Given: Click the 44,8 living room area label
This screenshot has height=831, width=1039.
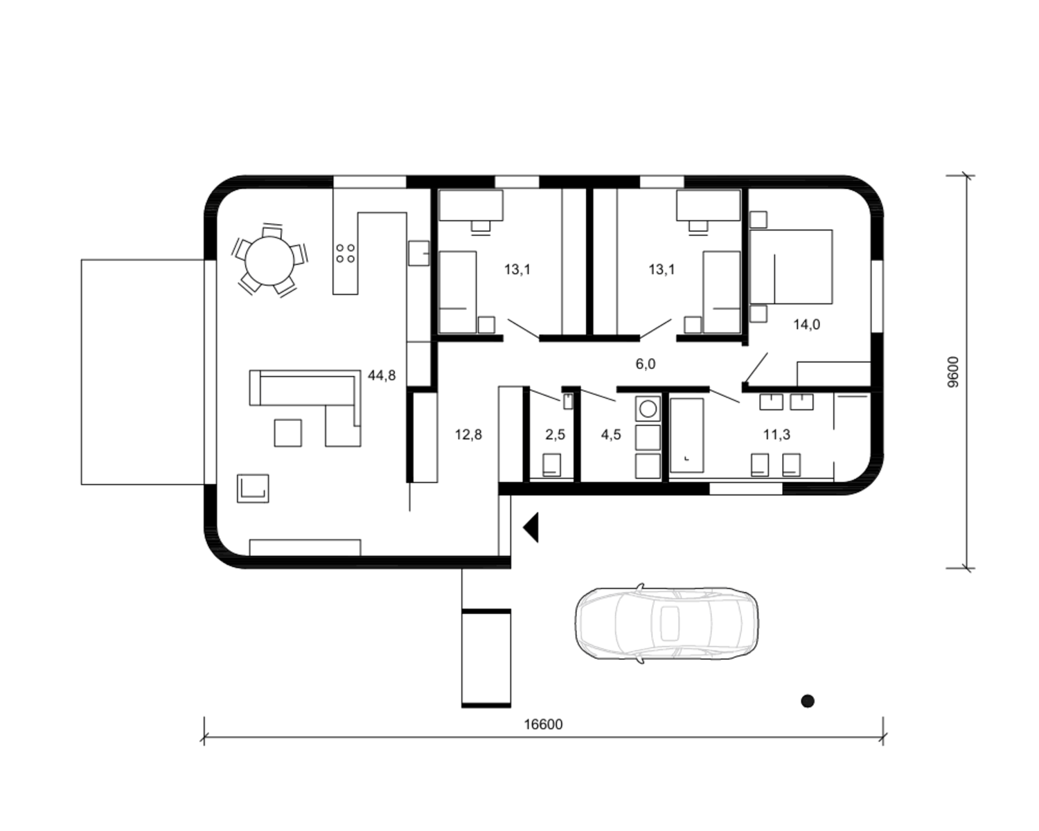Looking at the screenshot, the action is (x=382, y=375).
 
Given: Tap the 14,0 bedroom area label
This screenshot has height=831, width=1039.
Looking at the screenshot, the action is (x=806, y=325).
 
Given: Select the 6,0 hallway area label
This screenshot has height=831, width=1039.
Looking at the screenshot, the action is (x=646, y=364).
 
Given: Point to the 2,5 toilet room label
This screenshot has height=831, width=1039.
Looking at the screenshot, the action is (x=556, y=435).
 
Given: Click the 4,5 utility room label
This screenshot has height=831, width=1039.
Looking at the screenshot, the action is (x=611, y=435).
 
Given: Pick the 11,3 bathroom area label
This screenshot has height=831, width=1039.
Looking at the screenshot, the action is (x=776, y=435).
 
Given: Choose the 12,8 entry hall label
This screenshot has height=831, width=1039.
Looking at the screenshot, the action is (x=468, y=435).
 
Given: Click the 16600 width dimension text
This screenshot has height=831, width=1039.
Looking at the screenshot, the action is (x=543, y=724).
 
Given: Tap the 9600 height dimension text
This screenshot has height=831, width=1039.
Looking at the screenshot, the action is (x=953, y=372).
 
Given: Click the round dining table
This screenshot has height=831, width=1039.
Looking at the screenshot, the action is (x=269, y=261).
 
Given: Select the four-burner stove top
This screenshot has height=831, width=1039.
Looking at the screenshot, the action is (x=345, y=253).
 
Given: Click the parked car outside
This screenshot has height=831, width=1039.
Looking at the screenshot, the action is (x=666, y=623).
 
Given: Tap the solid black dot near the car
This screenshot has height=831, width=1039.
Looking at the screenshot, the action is (x=808, y=701).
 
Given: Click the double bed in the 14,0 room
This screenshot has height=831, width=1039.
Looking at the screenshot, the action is (x=791, y=267).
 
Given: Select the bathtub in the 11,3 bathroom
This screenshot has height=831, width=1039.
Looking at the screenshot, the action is (x=686, y=435).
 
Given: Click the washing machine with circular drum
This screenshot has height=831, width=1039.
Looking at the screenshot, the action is (x=648, y=409).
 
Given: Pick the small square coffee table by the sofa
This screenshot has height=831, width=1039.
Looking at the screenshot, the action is (x=287, y=433).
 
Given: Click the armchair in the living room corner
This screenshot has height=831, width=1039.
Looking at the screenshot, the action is (x=253, y=488).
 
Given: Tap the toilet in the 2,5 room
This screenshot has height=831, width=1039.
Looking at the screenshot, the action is (x=551, y=465).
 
